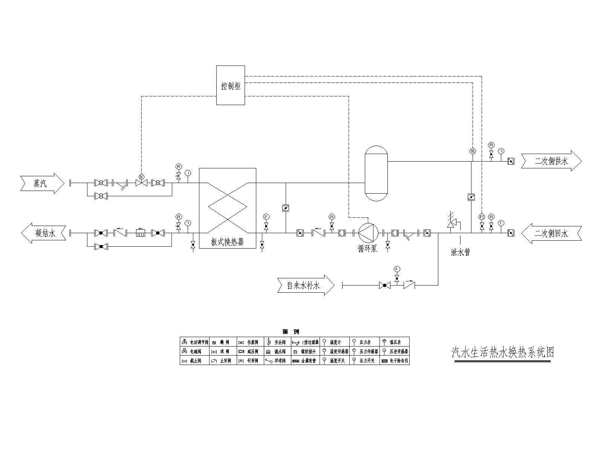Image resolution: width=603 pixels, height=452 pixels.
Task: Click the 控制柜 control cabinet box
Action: click(230, 85)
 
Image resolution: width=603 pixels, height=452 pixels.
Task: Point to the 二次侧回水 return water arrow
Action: click(551, 234)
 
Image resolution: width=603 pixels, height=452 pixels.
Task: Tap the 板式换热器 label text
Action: click(228, 242)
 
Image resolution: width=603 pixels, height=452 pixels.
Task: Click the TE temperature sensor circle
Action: click(473, 151)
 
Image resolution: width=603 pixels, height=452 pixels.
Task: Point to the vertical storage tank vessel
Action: click(376, 174)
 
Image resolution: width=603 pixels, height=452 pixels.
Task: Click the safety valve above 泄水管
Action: click(451, 221)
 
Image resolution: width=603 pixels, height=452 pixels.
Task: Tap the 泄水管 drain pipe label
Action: click(460, 252)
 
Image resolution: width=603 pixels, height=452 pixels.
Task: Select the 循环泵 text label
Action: click(367, 249)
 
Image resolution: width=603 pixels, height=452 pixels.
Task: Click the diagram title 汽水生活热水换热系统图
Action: click(503, 352)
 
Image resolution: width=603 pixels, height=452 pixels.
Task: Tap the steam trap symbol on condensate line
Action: click(141, 233)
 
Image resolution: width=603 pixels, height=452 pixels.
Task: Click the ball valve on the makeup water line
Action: click(384, 286)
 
